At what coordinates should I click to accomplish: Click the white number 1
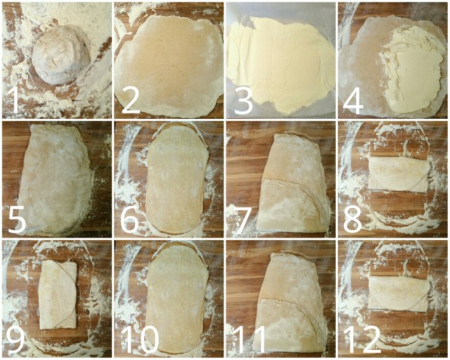[x=13, y=101]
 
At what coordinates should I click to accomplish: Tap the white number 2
[x=131, y=101]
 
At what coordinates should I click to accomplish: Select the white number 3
[x=243, y=101]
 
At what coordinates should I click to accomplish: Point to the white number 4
[x=353, y=101]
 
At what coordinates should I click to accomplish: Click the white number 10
[x=140, y=340]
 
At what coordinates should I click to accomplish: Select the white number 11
[x=250, y=340]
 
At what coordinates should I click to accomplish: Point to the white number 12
[x=363, y=340]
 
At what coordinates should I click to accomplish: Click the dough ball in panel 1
[x=61, y=55]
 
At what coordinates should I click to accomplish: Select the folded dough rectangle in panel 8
[x=399, y=174]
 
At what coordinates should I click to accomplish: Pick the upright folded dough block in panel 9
[x=58, y=295]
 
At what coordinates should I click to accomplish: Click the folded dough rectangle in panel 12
[x=399, y=292]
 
